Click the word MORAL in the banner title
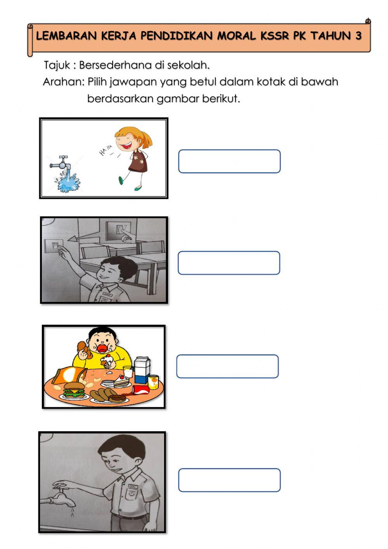click(x=236, y=36)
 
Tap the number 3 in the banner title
click(x=358, y=36)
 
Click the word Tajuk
click(x=57, y=65)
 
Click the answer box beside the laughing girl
click(x=229, y=161)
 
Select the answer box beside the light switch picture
click(x=229, y=263)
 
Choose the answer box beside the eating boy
click(x=227, y=366)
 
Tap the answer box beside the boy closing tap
click(x=229, y=480)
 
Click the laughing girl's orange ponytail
click(x=146, y=140)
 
